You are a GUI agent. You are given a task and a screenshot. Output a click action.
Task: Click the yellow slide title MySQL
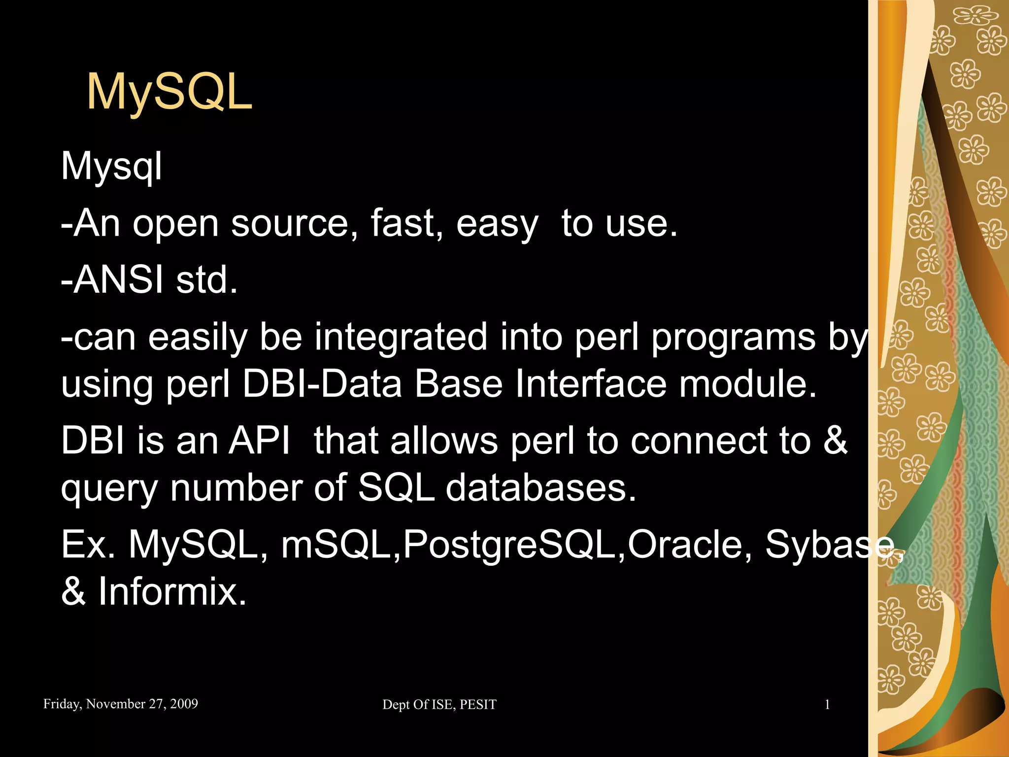[169, 92]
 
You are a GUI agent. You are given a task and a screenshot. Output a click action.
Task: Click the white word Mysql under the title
[111, 167]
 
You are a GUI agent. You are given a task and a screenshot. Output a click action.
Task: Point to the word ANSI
[118, 280]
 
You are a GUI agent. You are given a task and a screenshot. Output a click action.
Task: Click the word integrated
[401, 337]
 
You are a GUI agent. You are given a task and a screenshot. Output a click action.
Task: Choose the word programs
[733, 338]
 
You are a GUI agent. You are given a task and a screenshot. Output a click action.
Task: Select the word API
[259, 440]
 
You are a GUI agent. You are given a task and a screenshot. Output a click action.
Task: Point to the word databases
[540, 488]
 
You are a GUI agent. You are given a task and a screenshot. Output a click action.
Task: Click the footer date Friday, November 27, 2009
[121, 704]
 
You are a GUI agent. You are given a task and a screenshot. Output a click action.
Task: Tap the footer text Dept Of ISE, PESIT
[439, 705]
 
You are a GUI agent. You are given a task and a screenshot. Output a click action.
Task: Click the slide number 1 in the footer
[827, 705]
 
